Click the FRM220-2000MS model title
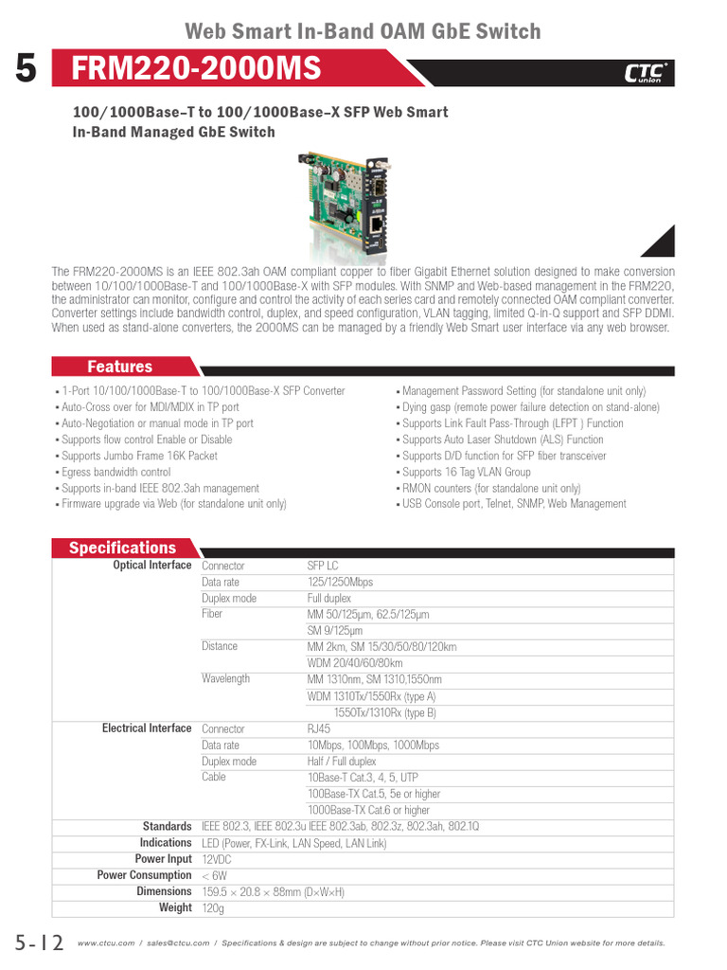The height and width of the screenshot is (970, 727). point(197,69)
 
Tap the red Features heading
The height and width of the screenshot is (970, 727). point(119,367)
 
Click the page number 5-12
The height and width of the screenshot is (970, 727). point(39,943)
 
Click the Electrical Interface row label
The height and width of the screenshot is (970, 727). point(147,728)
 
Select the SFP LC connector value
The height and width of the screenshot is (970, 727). point(323,566)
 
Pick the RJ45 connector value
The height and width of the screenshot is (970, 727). point(319,728)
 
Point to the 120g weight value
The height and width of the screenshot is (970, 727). point(213,907)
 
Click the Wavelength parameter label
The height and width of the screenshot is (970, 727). point(225,679)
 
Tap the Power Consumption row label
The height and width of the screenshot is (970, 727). point(144,875)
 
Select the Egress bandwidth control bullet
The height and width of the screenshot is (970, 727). point(116,472)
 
